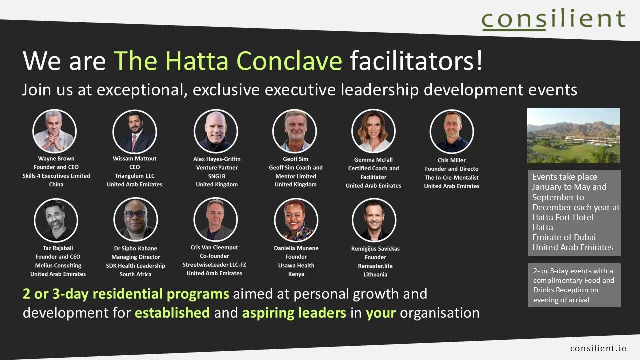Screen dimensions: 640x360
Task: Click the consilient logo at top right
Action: (x=553, y=19)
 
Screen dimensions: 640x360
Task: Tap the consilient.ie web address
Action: (x=598, y=348)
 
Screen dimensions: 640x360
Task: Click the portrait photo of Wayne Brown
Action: (x=54, y=131)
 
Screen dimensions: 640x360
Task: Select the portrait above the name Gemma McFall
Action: (x=373, y=131)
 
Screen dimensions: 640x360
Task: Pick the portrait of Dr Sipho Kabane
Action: (x=135, y=220)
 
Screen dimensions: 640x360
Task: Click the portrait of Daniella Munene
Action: (x=296, y=220)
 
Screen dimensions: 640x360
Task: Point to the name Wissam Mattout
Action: (x=135, y=159)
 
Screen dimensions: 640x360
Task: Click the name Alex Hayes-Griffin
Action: (x=217, y=159)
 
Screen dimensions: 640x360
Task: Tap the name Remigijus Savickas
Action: (x=375, y=249)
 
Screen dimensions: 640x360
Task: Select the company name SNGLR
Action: (x=217, y=176)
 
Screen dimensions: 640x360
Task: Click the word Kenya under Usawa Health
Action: (x=296, y=274)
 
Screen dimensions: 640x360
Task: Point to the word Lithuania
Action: (x=375, y=275)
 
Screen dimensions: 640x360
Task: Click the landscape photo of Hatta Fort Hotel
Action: (x=573, y=136)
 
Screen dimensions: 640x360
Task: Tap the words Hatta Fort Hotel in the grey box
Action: (x=563, y=217)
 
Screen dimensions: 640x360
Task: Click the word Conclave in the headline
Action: (x=289, y=61)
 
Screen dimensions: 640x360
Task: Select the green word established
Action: (x=172, y=313)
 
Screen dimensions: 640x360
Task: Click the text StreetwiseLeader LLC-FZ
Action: (x=214, y=265)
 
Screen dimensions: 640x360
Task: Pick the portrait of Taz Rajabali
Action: (x=56, y=220)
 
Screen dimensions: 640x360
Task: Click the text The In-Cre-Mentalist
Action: (x=452, y=178)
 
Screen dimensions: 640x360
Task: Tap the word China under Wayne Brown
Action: (x=56, y=185)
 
